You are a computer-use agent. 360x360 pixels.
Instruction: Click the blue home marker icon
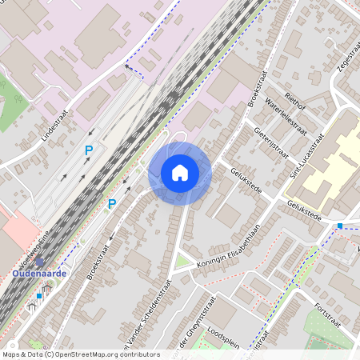click(180, 173)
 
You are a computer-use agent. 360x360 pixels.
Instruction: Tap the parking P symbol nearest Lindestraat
click(89, 150)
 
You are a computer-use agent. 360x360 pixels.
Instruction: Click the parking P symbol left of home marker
click(112, 204)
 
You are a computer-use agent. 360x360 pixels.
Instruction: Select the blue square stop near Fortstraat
click(340, 226)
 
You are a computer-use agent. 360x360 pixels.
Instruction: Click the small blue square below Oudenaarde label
click(38, 295)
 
